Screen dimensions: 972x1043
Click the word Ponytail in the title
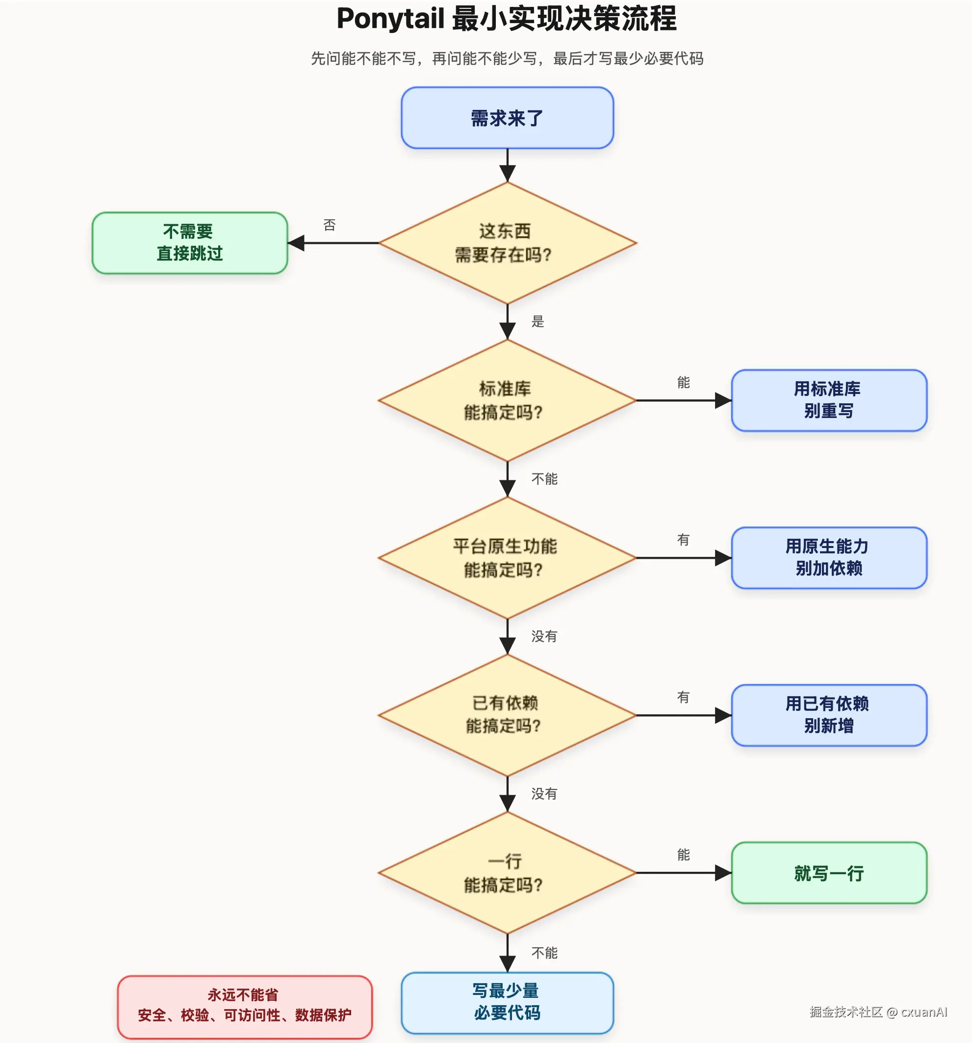point(391,19)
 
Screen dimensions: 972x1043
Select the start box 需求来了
point(507,118)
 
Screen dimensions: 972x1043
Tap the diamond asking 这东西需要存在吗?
point(507,243)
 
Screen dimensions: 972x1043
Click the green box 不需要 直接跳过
point(190,243)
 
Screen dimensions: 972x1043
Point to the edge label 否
point(330,225)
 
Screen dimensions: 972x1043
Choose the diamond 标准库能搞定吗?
point(507,400)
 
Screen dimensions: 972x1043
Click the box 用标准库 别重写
point(829,400)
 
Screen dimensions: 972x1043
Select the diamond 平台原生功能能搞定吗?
point(507,558)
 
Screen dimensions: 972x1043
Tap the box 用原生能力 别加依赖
point(829,558)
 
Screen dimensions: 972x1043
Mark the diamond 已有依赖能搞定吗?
point(507,715)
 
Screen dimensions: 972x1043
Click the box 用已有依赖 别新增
point(829,715)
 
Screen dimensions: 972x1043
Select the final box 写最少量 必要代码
point(507,1003)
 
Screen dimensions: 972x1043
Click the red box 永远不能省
point(244,1007)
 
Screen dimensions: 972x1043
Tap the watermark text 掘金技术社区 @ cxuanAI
point(878,1012)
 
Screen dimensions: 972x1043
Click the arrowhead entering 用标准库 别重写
point(723,400)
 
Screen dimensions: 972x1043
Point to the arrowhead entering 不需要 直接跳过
point(296,243)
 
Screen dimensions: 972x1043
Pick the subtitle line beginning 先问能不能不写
point(507,58)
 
